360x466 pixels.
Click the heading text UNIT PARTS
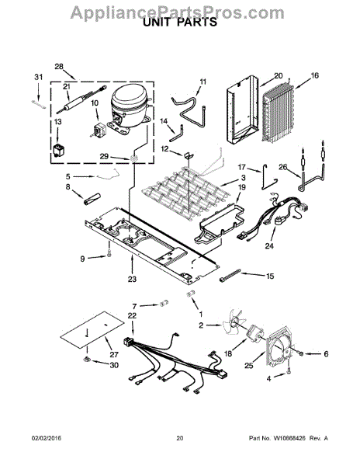(x=179, y=23)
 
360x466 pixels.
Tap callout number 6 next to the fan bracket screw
(x=325, y=354)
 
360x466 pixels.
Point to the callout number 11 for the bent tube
(x=203, y=82)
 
